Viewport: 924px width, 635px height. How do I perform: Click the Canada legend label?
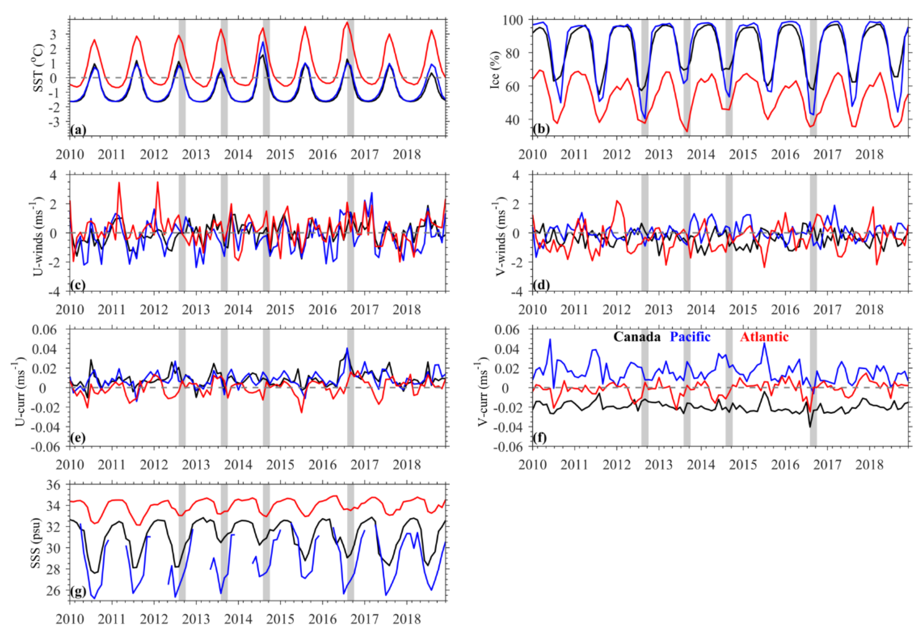coord(637,337)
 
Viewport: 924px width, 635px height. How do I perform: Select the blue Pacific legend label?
coord(690,337)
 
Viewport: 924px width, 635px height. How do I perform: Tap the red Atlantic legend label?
coord(764,337)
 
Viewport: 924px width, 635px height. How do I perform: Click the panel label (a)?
coord(78,130)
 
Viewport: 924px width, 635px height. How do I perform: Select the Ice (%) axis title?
coord(495,70)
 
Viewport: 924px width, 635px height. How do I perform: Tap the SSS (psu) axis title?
coord(37,543)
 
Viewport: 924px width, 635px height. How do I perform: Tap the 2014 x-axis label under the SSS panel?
coord(238,619)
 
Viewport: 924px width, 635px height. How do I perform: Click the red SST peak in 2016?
coord(348,22)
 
